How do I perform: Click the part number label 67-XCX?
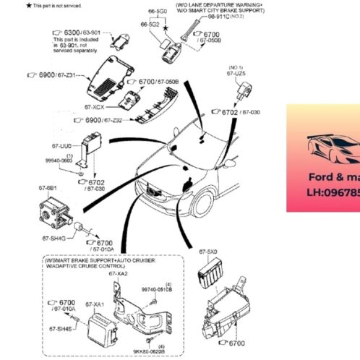[x=97, y=108]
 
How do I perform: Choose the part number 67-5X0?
[x=208, y=252]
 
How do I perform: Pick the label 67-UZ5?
[x=236, y=74]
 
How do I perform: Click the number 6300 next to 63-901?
[x=72, y=33]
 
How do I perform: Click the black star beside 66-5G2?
[x=166, y=26]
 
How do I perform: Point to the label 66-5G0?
[x=158, y=12]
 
